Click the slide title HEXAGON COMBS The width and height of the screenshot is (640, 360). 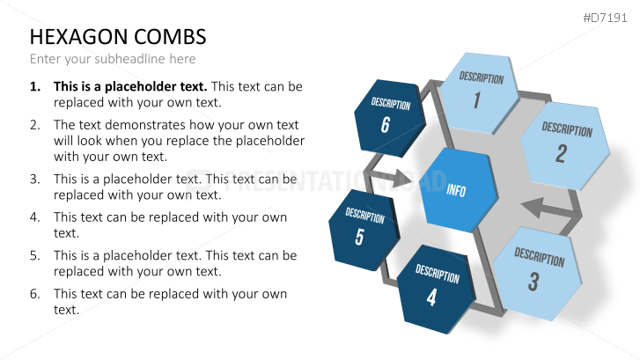(118, 37)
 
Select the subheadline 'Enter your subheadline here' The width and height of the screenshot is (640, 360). (113, 59)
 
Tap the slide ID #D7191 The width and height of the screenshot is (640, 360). (605, 18)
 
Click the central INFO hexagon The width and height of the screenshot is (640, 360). (459, 190)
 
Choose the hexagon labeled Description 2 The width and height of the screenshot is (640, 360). (566, 146)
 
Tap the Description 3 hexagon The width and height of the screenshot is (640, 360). (538, 273)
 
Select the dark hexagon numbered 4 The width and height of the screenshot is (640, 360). (436, 289)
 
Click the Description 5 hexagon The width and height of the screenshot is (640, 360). (364, 230)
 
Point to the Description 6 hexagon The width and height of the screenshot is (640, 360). (389, 118)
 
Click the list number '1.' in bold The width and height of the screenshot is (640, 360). (35, 86)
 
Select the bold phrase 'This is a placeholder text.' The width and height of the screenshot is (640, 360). (130, 86)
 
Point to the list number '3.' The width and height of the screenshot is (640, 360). (35, 180)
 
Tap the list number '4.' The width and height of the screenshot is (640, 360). (35, 217)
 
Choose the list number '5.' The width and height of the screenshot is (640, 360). (35, 255)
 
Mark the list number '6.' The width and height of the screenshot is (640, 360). (35, 294)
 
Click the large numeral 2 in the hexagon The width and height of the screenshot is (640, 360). (562, 153)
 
